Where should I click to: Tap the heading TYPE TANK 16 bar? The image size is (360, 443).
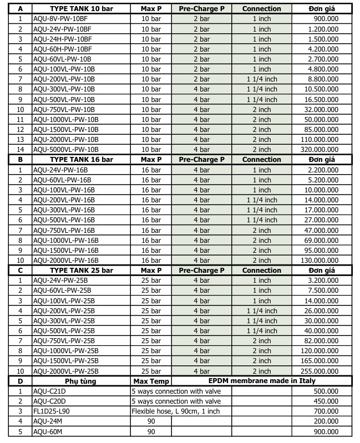[81, 160]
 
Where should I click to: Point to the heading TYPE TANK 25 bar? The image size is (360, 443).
[81, 271]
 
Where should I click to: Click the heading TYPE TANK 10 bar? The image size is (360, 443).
[81, 9]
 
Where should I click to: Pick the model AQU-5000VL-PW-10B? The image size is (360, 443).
[66, 149]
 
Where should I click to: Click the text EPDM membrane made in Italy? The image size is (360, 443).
[262, 381]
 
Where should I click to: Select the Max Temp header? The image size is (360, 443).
[151, 381]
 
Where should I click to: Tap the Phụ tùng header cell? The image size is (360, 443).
[81, 381]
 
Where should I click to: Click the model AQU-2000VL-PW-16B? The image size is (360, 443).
[66, 260]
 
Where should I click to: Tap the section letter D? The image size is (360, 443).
[21, 381]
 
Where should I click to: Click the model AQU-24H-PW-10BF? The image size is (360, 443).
[63, 39]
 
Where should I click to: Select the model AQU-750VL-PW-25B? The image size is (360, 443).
[64, 340]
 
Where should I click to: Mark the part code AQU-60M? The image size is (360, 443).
[49, 431]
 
